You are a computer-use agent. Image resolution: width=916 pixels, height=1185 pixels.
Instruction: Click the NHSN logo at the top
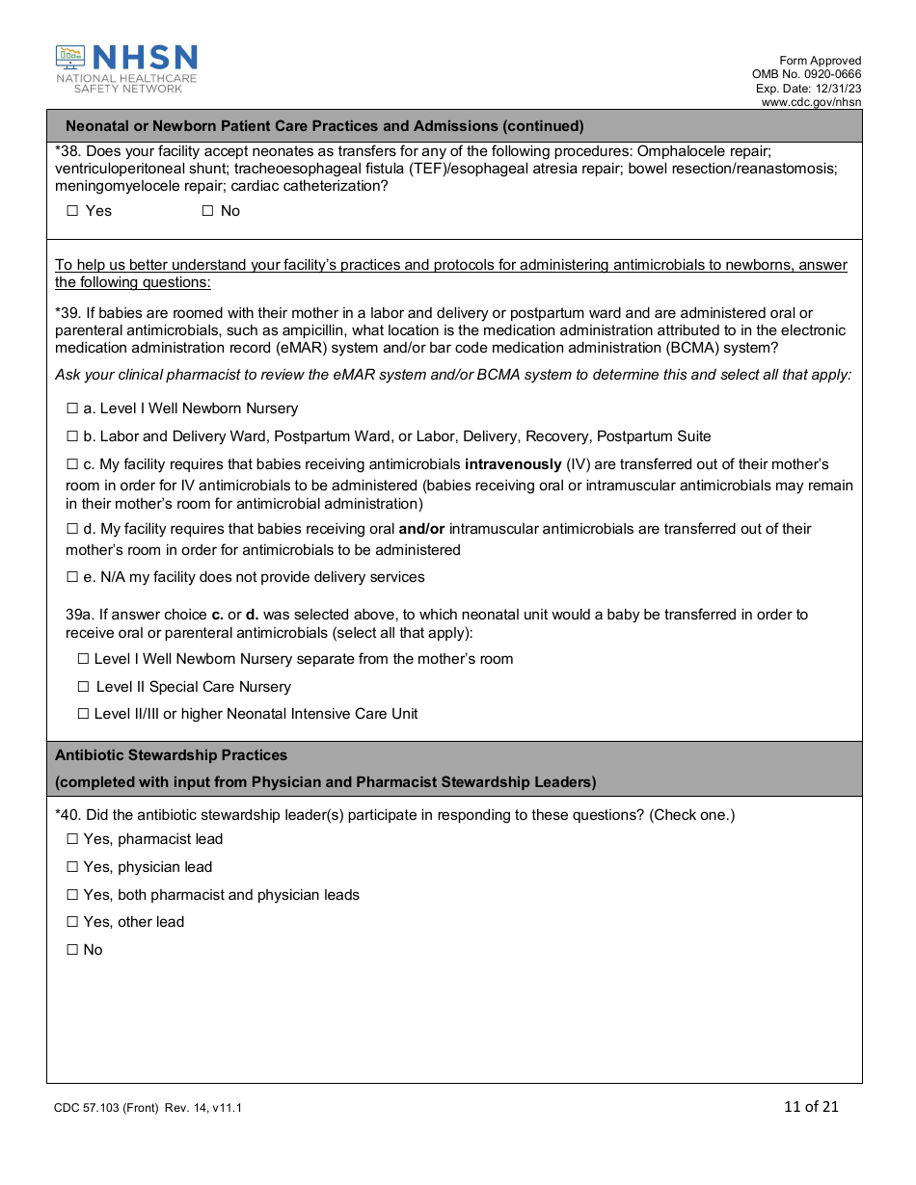[x=126, y=68]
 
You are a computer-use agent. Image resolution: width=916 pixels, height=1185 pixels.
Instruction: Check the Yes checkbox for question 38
[x=72, y=211]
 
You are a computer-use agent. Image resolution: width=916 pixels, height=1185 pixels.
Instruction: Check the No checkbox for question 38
[x=207, y=211]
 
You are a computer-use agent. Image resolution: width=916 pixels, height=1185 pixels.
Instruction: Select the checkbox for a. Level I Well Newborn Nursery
[x=72, y=408]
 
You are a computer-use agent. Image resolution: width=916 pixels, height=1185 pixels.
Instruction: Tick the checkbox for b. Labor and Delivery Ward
[x=72, y=436]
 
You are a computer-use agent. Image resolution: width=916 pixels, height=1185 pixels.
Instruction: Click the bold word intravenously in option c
[x=513, y=464]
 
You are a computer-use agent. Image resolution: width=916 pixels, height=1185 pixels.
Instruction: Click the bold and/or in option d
[x=421, y=529]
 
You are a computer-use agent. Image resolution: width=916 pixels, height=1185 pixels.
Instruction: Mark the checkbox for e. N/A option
[x=72, y=577]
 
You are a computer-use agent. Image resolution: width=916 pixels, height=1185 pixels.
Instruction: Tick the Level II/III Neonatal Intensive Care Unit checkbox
[x=84, y=714]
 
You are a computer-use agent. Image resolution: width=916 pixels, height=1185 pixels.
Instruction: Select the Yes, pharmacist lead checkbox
[x=72, y=839]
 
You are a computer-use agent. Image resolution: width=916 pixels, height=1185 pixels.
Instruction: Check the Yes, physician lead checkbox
[x=72, y=867]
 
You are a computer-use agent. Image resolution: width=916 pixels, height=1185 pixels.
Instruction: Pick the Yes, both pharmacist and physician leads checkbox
[x=72, y=895]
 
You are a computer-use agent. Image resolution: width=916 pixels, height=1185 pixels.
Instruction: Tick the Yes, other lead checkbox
[x=72, y=922]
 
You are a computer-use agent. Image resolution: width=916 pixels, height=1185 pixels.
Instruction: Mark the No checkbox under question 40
[x=72, y=950]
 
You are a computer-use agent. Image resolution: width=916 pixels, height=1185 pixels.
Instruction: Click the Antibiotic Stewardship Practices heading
[x=172, y=755]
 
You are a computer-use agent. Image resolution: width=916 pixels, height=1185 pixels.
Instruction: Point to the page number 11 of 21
[x=811, y=1106]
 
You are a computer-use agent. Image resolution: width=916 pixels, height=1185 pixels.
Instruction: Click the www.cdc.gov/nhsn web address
[x=811, y=102]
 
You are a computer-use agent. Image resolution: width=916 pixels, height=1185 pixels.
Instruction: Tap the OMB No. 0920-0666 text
[x=807, y=74]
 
